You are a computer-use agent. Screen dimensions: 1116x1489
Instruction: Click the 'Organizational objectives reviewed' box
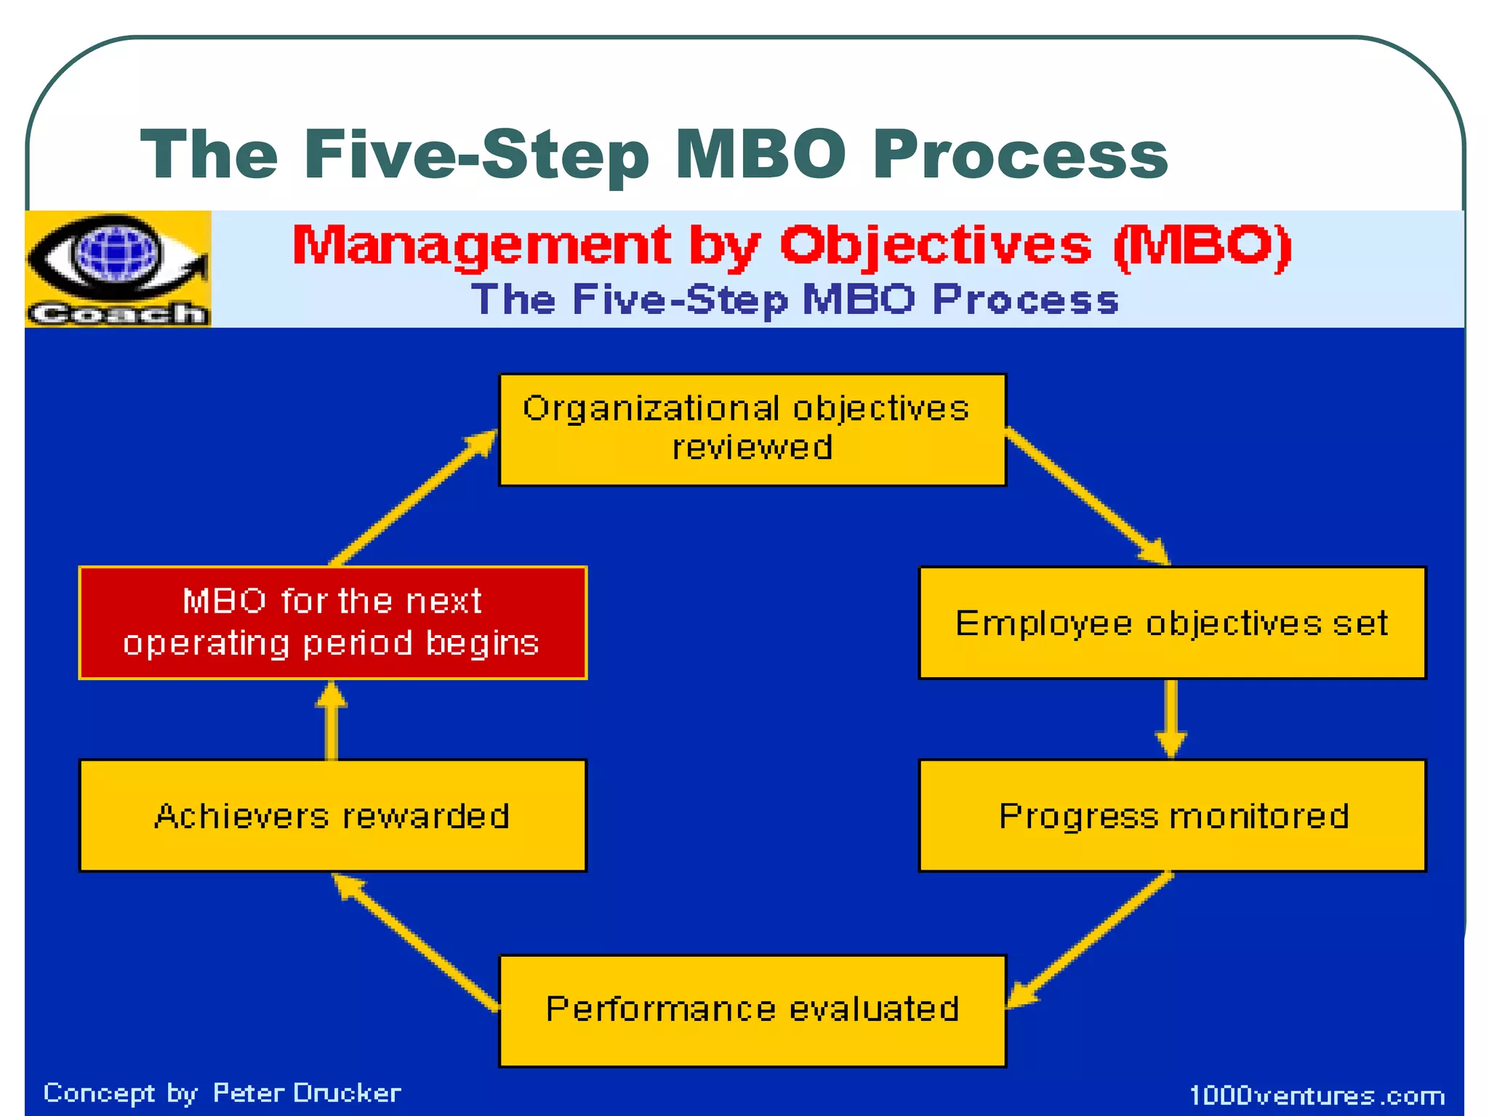point(752,429)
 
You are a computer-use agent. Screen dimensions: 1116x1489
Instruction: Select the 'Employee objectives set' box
point(1172,623)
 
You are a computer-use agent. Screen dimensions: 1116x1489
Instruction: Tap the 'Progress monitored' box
point(1172,815)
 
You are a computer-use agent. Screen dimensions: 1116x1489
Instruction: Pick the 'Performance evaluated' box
point(752,1010)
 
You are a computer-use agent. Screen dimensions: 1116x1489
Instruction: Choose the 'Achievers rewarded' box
point(332,815)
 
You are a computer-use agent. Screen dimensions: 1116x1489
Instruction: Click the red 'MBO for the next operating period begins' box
point(332,623)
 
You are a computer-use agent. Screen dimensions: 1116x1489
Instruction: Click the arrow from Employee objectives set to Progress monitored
point(1171,719)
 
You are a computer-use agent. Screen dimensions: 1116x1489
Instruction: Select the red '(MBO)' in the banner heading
point(1203,246)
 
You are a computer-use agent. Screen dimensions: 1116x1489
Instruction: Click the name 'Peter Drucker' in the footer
point(306,1093)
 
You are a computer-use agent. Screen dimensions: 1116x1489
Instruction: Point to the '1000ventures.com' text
point(1317,1095)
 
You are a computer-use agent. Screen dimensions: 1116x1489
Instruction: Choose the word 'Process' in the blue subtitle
point(1025,299)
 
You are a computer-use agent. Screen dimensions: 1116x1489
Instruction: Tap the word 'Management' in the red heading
point(481,246)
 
